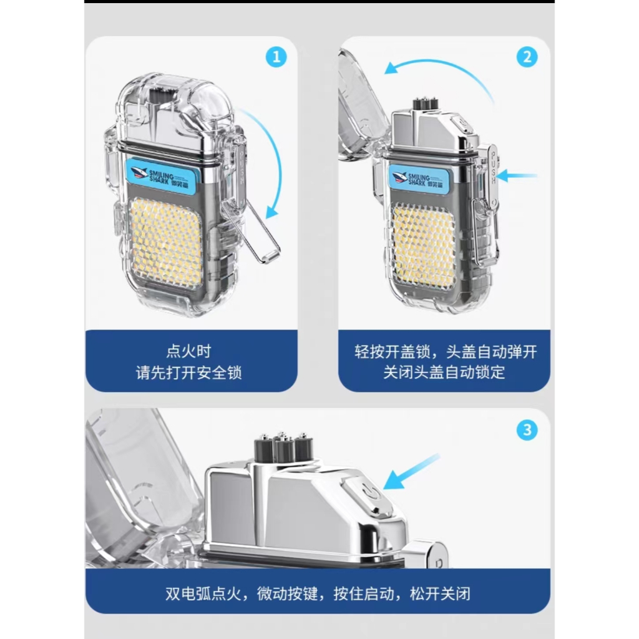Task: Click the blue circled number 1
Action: [x=276, y=57]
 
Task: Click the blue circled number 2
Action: [x=527, y=57]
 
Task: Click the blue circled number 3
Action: [x=527, y=430]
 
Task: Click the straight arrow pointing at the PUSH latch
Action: [x=517, y=176]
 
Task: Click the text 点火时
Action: [x=188, y=351]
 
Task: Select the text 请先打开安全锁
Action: [x=188, y=373]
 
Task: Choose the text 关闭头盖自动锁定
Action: [x=444, y=372]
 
